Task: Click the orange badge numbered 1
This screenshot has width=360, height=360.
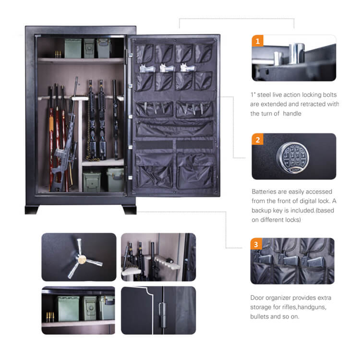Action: tap(258, 41)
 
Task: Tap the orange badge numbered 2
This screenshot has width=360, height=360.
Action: tap(258, 140)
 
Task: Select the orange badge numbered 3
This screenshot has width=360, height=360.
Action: tap(256, 245)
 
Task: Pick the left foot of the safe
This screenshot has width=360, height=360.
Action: tap(32, 210)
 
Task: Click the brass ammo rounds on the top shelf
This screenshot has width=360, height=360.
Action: tap(58, 54)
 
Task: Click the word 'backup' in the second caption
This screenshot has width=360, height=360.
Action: tap(264, 210)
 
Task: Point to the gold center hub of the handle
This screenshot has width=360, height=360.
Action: tap(82, 260)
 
